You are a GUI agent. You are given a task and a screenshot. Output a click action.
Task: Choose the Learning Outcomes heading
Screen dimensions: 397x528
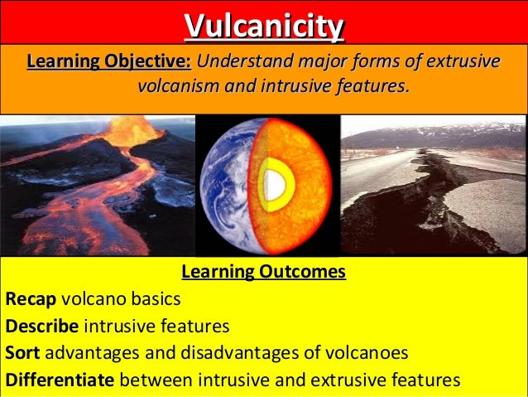[x=263, y=272]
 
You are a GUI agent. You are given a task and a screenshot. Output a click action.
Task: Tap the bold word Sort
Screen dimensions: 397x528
[x=22, y=352]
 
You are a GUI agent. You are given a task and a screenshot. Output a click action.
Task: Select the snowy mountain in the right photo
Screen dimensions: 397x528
[x=463, y=133]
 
